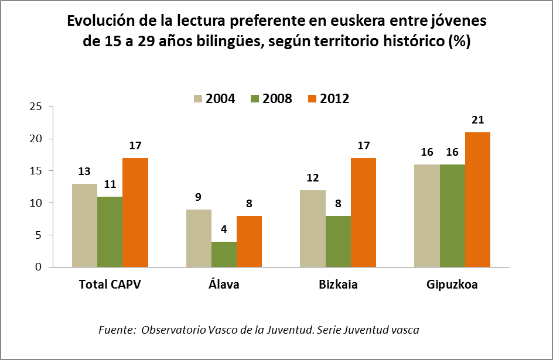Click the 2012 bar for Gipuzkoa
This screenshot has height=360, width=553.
477,200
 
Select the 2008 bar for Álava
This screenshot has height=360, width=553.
224,254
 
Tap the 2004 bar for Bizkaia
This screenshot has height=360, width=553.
313,228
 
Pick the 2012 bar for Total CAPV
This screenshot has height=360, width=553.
135,212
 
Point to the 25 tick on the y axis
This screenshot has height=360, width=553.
37,107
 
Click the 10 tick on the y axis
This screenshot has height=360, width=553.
37,203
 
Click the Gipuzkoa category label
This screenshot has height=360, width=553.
452,285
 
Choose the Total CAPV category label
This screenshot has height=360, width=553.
110,285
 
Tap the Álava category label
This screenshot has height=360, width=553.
224,285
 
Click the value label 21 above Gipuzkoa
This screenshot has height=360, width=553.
477,120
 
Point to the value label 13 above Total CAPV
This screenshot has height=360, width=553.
84,172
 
